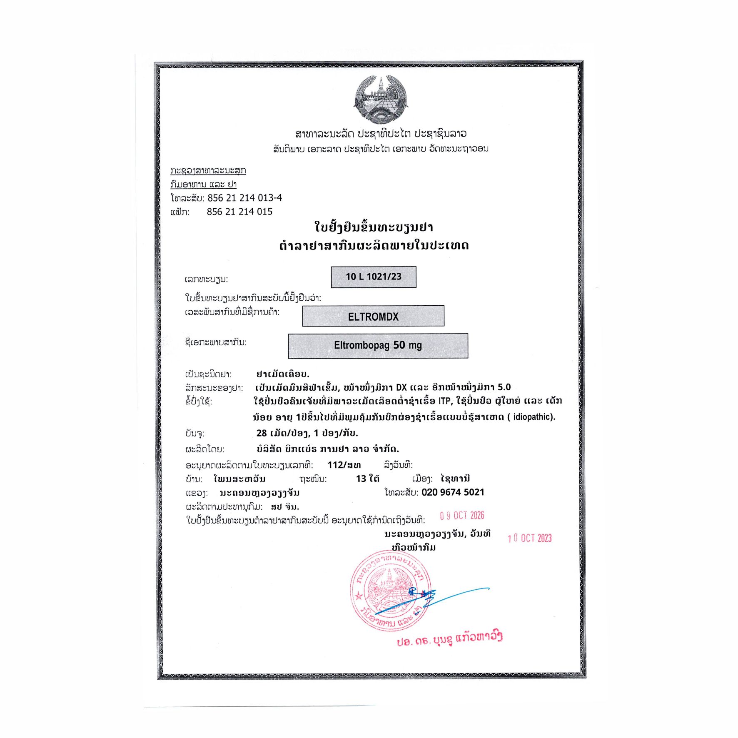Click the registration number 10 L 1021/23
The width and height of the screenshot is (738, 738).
373,277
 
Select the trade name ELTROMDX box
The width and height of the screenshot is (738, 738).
373,316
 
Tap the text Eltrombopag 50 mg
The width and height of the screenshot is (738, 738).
378,345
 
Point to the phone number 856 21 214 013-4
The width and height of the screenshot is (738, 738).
244,198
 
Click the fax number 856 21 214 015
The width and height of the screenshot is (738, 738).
239,212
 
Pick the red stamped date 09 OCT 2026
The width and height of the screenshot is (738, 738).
462,516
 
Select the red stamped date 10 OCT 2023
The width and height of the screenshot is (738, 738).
529,538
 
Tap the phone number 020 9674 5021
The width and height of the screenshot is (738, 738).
453,492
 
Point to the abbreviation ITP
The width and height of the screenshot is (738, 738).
444,401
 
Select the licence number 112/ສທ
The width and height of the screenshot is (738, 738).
344,465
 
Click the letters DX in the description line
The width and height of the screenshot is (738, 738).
401,387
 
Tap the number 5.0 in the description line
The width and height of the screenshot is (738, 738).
504,387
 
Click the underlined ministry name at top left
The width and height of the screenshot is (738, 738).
208,170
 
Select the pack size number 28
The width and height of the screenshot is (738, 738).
262,433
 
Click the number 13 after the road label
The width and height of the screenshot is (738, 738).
361,479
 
